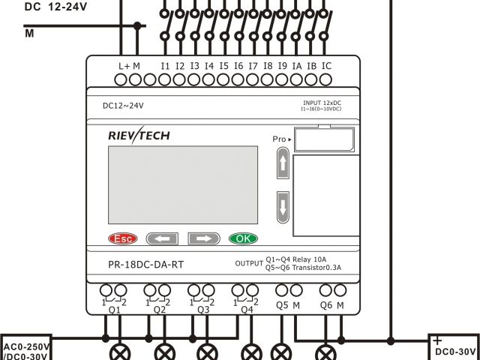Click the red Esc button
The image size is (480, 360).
point(123,239)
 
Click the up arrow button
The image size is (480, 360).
point(282,163)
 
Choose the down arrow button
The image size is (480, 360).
point(282,206)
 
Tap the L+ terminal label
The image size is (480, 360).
point(124,66)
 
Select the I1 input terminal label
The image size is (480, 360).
point(165,66)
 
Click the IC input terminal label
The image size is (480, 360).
point(326,66)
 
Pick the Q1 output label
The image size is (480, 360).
point(115,309)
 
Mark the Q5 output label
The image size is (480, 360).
point(282,305)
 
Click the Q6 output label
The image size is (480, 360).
point(326,305)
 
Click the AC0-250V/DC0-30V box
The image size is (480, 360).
point(26,350)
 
